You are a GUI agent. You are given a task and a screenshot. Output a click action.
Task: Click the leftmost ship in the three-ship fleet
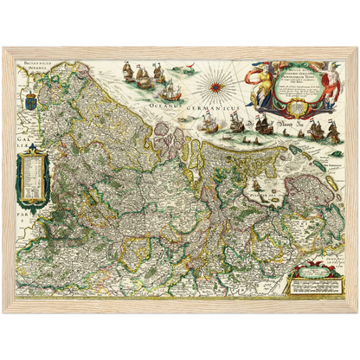[128, 70]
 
